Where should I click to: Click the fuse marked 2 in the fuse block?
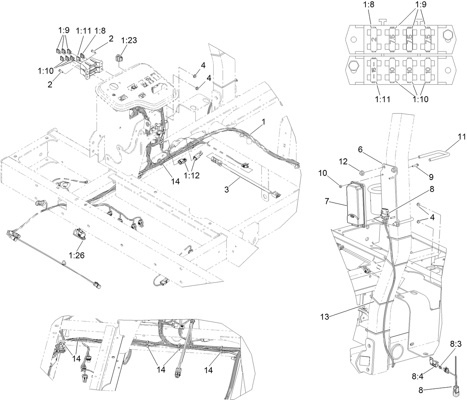[374, 38]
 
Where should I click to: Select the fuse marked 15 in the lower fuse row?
[374, 69]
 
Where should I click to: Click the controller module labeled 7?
[356, 203]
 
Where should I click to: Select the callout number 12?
[343, 161]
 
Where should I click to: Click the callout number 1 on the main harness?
[264, 122]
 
